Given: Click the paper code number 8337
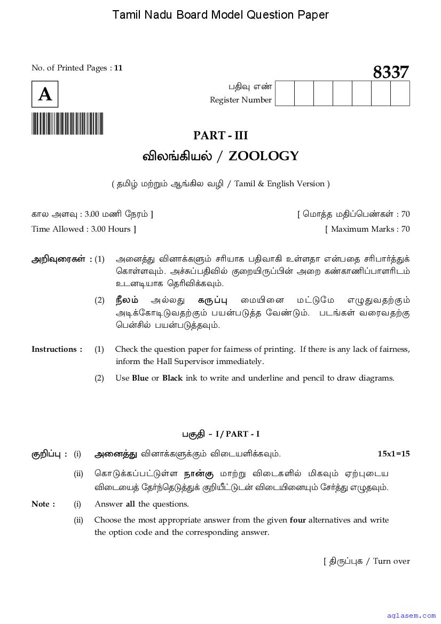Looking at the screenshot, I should click(x=391, y=72).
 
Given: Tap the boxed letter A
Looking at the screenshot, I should click(x=45, y=94).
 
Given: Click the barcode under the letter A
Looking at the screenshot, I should click(x=67, y=124).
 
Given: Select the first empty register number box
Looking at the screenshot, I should click(x=285, y=93).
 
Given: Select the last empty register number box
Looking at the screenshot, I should click(x=400, y=93).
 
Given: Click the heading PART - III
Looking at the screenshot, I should click(x=220, y=136).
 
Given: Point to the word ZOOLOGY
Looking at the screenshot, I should click(x=264, y=156).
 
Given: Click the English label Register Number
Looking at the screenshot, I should click(x=241, y=100).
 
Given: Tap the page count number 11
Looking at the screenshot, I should click(x=119, y=68).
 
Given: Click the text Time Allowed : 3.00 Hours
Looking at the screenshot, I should click(x=84, y=229).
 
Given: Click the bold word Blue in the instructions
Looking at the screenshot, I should click(x=140, y=378).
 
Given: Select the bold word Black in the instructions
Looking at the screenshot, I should click(x=172, y=378).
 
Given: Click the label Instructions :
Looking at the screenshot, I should click(x=57, y=349).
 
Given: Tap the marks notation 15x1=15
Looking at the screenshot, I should click(x=393, y=454).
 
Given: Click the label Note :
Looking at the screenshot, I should click(x=43, y=504).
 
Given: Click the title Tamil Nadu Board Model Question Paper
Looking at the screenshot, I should click(x=220, y=15).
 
